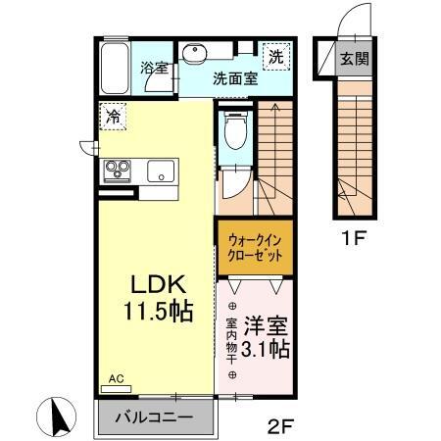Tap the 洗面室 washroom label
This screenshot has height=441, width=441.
(236, 80)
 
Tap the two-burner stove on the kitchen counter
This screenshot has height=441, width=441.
(119, 171)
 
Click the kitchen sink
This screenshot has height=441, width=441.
(159, 171)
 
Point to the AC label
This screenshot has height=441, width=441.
(114, 377)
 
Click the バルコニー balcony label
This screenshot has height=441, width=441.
(154, 416)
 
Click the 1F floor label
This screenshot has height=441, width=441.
(355, 236)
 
